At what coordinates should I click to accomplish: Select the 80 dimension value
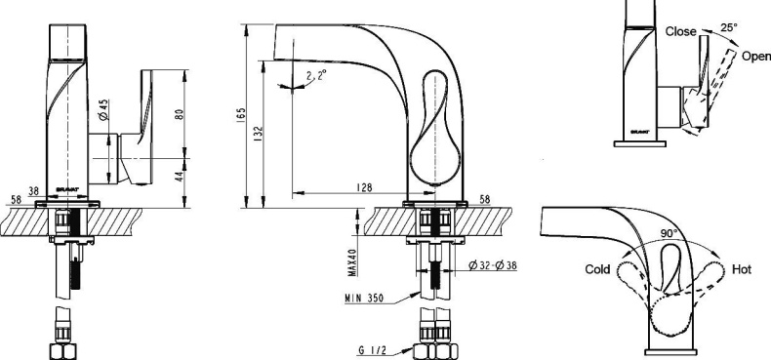tap(179, 112)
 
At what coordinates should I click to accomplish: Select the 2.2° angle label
tap(314, 75)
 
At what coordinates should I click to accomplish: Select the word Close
tap(680, 31)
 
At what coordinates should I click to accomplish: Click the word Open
tap(755, 57)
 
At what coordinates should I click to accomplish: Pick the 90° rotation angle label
tap(668, 234)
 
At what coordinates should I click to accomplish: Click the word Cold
tap(598, 268)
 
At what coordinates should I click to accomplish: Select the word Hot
tap(741, 268)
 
